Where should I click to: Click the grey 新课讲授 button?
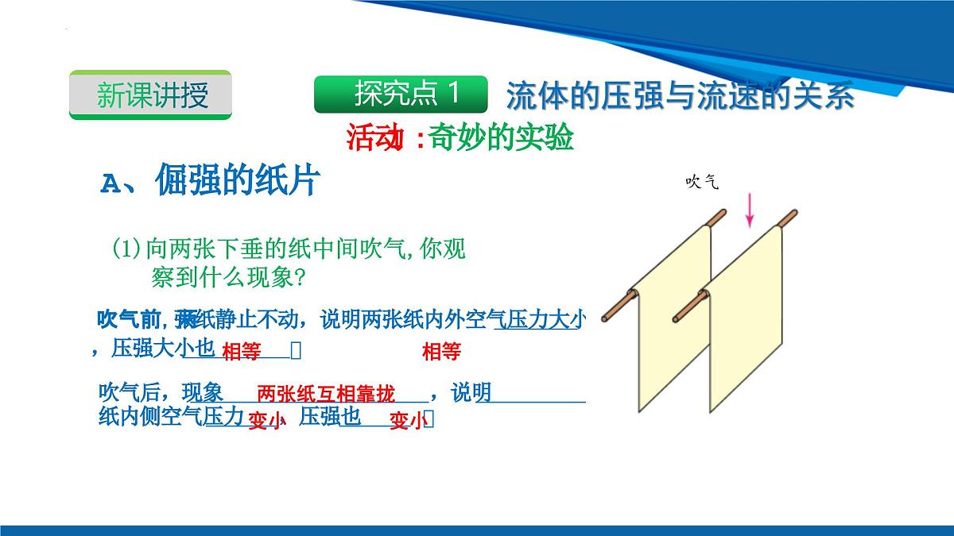[151, 95]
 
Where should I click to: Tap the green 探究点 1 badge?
[401, 94]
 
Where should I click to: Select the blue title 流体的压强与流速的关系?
[680, 95]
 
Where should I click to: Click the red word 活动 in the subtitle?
[371, 138]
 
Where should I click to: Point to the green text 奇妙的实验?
[500, 138]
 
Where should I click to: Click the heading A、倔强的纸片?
[210, 182]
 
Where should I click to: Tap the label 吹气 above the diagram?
[702, 183]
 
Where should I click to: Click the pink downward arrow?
[749, 210]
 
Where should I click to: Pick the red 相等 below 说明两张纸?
[441, 352]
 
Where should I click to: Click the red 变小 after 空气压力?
[265, 422]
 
